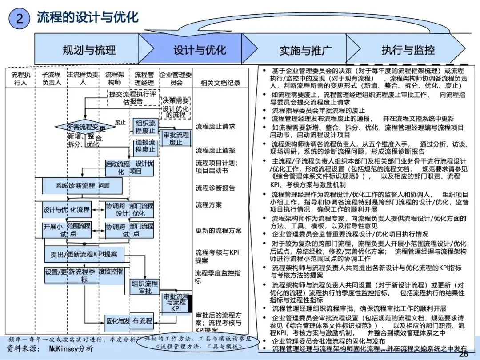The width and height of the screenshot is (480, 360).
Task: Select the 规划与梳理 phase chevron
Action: pyautogui.click(x=89, y=50)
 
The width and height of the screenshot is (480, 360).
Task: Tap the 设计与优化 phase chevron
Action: pyautogui.click(x=199, y=50)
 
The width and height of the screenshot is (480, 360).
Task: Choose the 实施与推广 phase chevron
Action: pyautogui.click(x=305, y=50)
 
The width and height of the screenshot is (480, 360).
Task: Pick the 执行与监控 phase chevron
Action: pyautogui.click(x=408, y=50)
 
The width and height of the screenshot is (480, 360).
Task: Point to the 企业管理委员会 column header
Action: pyautogui.click(x=176, y=79)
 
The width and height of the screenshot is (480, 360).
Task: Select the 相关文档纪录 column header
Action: pyautogui.click(x=220, y=83)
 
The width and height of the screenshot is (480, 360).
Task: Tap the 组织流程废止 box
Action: pyautogui.click(x=146, y=127)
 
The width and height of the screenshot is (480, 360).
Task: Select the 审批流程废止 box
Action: pyautogui.click(x=176, y=138)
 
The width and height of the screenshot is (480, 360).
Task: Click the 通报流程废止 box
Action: pyautogui.click(x=146, y=146)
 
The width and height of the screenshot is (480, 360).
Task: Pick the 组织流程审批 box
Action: pyautogui.click(x=145, y=287)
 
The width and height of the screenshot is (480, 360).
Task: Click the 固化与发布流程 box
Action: pyautogui.click(x=129, y=321)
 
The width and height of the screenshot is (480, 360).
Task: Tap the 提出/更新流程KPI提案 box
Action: pyautogui.click(x=84, y=254)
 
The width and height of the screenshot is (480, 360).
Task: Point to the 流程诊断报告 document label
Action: pyautogui.click(x=216, y=188)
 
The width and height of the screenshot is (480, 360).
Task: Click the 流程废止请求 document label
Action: pyautogui.click(x=216, y=127)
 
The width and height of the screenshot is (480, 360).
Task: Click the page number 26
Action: pyautogui.click(x=463, y=354)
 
